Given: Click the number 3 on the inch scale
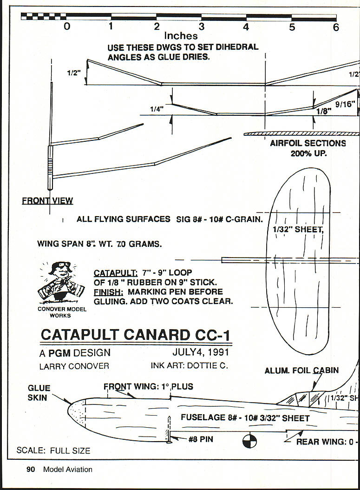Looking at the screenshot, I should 202,27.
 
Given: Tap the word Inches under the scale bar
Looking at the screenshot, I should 181,36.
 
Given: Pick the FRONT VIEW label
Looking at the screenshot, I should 47,201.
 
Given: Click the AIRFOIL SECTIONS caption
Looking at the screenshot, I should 308,143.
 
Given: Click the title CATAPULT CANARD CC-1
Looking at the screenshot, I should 135,335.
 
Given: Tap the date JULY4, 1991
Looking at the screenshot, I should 200,353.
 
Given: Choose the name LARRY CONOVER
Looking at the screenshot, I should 74,366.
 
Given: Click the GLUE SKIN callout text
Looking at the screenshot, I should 39,393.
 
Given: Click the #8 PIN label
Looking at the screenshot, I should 201,438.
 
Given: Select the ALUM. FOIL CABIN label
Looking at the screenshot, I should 301,371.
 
